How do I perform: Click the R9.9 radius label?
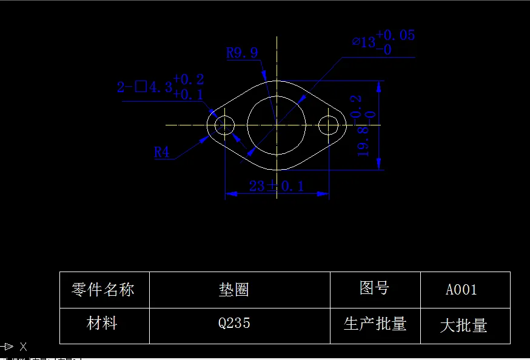point(242,53)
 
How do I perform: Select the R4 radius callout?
point(162,152)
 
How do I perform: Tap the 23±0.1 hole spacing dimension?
point(277,185)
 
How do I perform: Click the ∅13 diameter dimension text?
point(365,42)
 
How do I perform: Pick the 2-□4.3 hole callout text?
point(144,87)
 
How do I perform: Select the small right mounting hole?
point(328,125)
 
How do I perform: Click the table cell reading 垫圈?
point(234,290)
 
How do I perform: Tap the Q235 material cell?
point(234,323)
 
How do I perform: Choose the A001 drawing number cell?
point(461,290)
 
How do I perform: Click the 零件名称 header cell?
point(102,290)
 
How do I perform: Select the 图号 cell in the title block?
point(374,288)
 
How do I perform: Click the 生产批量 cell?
point(375,324)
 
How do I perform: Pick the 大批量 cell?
point(463,325)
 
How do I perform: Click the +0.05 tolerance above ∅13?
point(395,35)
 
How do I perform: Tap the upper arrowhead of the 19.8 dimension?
point(380,87)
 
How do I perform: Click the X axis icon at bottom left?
point(23,347)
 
